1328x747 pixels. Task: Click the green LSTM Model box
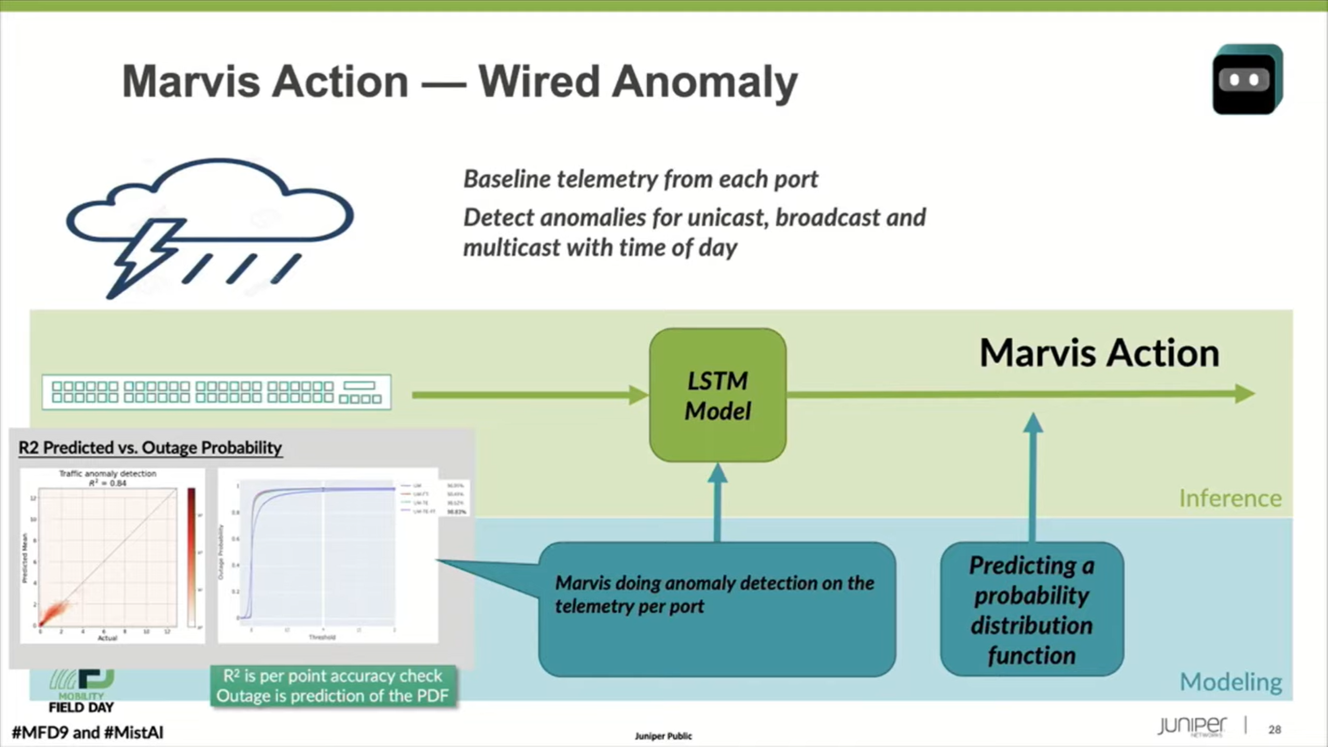tap(717, 395)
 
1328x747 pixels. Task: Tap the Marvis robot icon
tap(1247, 79)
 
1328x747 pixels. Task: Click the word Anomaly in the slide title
tap(704, 81)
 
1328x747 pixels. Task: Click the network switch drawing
tap(216, 392)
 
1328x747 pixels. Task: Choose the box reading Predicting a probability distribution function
tap(1032, 610)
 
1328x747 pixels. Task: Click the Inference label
tap(1230, 499)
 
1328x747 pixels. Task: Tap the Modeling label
tap(1230, 682)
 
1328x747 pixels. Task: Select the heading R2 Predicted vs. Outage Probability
tap(150, 448)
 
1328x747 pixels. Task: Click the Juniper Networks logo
tap(1192, 726)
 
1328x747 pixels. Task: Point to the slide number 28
tap(1275, 729)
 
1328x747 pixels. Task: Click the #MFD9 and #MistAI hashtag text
tap(88, 732)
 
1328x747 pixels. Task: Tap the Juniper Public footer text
tap(663, 736)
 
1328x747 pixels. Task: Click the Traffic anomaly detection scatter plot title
tap(107, 474)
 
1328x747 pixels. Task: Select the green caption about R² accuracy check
tap(333, 686)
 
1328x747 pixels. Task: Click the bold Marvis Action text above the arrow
tap(1099, 353)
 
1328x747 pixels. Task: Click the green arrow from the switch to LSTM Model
tap(529, 395)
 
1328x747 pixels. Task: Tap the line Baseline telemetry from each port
tap(640, 179)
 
